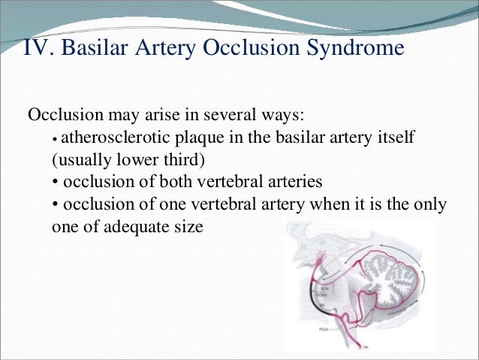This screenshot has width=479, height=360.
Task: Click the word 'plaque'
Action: coord(187,139)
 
